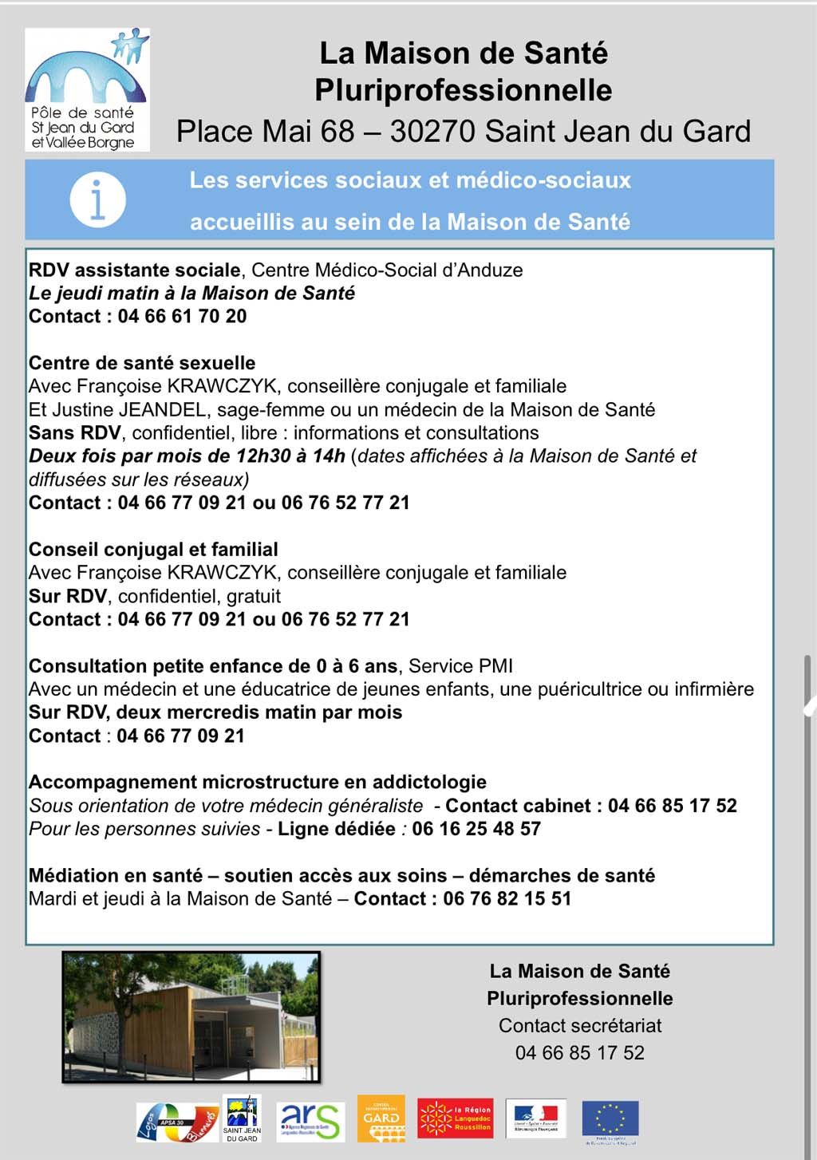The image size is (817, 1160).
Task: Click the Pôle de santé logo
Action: click(87, 89)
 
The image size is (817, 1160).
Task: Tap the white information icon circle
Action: click(97, 199)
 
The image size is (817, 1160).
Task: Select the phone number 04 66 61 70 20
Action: click(182, 317)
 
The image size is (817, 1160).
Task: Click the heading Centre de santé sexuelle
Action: click(142, 363)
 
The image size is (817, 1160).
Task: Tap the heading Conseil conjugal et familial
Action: click(153, 550)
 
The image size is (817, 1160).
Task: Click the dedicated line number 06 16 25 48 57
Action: click(476, 829)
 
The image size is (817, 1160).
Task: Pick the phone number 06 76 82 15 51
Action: click(507, 899)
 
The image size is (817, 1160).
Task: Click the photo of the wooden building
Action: click(191, 1017)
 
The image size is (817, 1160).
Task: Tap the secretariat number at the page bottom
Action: click(579, 1053)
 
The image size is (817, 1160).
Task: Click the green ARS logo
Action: click(310, 1121)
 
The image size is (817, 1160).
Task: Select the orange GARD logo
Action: click(381, 1119)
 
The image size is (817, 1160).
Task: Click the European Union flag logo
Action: click(610, 1120)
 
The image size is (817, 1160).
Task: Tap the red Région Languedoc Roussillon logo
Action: click(456, 1119)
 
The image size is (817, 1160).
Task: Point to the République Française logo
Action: click(536, 1119)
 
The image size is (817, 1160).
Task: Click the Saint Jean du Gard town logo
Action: click(242, 1119)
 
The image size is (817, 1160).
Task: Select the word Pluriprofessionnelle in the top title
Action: click(463, 90)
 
